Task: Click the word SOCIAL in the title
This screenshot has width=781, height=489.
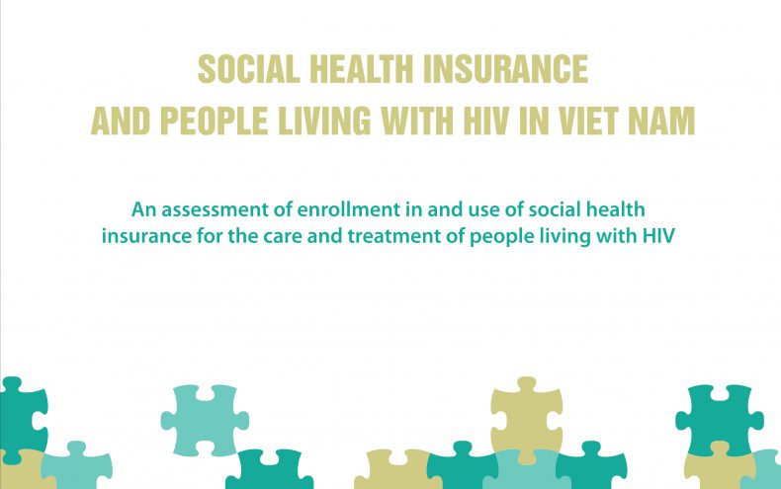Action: pos(248,69)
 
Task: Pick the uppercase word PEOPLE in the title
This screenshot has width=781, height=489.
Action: pos(214,121)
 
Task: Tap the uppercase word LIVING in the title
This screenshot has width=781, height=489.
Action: pos(324,121)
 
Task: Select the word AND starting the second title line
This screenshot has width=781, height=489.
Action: pos(121,121)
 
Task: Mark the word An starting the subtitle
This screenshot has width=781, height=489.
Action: pos(144,209)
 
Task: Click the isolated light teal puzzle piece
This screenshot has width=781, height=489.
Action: pos(205,420)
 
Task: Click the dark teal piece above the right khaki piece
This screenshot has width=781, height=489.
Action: pos(720,417)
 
